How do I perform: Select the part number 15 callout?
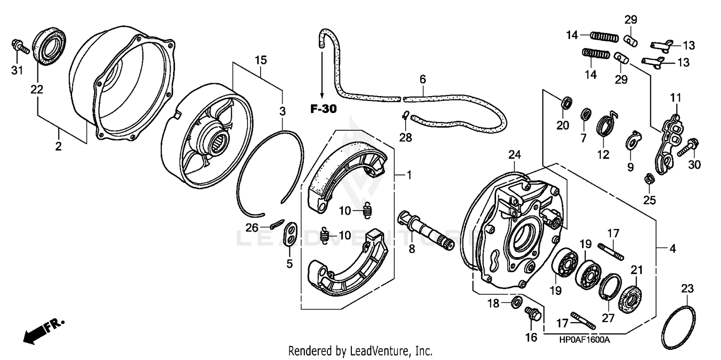260,61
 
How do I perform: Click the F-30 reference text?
323,109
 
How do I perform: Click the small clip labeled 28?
405,115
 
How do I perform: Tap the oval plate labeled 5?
289,234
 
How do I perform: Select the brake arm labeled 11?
668,139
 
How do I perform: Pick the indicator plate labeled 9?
634,140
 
